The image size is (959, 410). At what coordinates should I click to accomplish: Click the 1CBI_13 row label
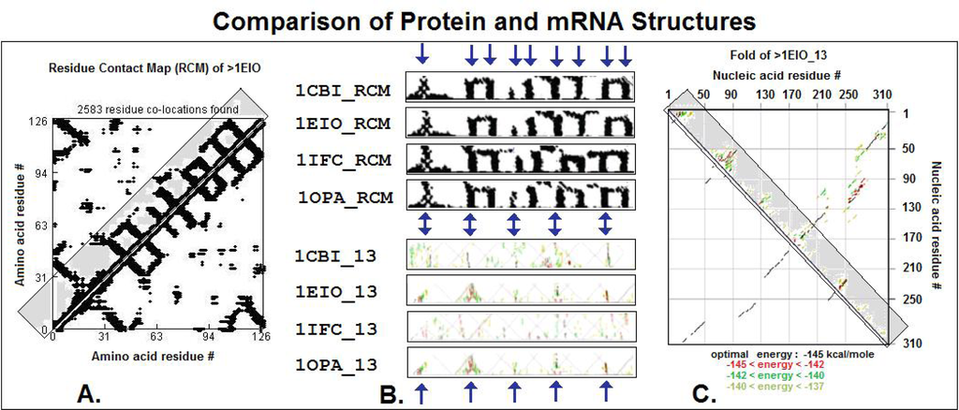click(x=335, y=256)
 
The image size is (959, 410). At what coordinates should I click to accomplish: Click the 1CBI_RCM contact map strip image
click(x=520, y=88)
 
